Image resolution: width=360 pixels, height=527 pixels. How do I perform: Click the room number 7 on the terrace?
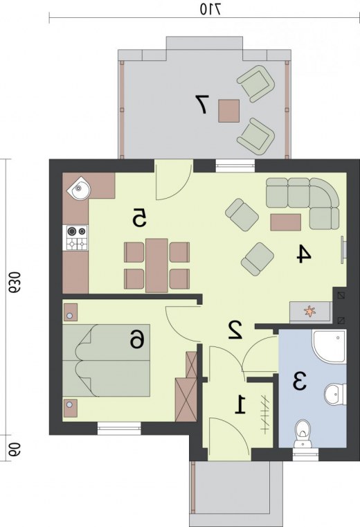[202, 104]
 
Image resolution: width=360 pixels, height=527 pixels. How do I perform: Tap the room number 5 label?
[139, 217]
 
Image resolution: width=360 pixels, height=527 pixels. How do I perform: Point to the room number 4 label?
[304, 253]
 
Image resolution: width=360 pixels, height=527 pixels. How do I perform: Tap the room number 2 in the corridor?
[235, 330]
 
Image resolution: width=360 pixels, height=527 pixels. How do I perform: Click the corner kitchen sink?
[80, 188]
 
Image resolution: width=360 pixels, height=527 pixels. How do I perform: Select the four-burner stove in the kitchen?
[77, 238]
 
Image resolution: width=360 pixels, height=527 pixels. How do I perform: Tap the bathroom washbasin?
[334, 394]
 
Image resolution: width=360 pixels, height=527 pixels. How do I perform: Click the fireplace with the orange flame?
[310, 312]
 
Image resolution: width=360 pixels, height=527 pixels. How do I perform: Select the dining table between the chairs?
[156, 265]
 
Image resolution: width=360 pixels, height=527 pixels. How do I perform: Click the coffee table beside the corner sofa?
[285, 222]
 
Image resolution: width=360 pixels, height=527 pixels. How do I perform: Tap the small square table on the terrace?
[229, 111]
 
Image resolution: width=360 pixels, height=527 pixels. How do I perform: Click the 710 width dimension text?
[210, 9]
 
